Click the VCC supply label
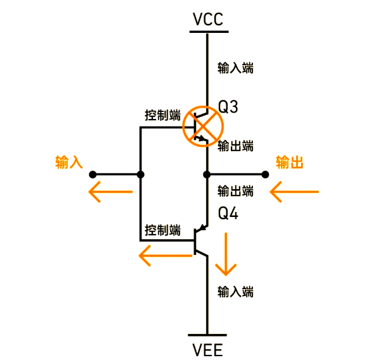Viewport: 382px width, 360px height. tap(207, 20)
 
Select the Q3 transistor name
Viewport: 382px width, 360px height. tap(228, 107)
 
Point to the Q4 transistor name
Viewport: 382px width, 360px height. tap(228, 214)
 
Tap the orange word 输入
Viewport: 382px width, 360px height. tap(70, 163)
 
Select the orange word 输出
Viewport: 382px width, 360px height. tap(290, 163)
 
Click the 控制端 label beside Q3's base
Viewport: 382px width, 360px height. tap(163, 116)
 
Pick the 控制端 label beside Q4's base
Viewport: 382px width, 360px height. tap(163, 230)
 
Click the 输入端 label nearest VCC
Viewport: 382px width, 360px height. tap(235, 68)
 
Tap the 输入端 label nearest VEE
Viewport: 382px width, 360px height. tap(235, 292)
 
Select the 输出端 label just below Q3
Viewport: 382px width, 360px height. tap(235, 146)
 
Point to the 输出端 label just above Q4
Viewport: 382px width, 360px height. tap(235, 190)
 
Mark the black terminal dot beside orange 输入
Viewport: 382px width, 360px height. tap(92, 174)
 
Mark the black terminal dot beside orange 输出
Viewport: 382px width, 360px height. tap(264, 174)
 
